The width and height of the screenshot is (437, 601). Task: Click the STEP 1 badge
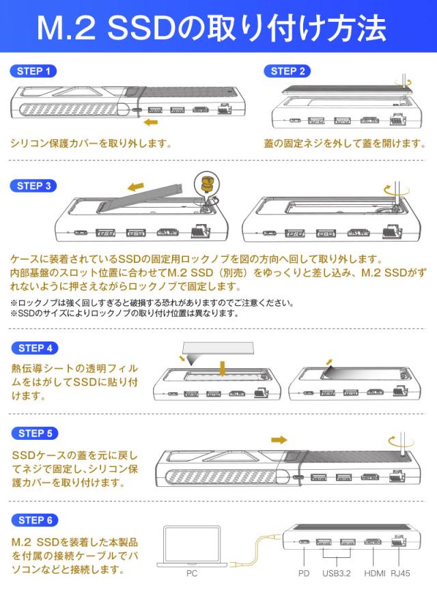[33, 71]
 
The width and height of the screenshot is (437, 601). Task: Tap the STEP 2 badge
[287, 71]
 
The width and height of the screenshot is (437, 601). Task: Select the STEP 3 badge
[33, 186]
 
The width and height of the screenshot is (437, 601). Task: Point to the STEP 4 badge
[35, 348]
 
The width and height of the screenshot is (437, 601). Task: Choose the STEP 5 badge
[35, 434]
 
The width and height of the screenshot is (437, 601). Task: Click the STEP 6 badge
[35, 520]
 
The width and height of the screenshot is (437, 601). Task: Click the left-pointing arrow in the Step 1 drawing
[151, 122]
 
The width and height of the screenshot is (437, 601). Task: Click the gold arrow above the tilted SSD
[136, 187]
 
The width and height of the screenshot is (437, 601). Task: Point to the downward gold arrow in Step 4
[222, 368]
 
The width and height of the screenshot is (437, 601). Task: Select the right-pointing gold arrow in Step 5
[279, 440]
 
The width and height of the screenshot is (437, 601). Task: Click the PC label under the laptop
[192, 574]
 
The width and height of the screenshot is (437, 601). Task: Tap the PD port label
[304, 574]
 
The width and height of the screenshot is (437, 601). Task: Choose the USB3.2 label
[336, 574]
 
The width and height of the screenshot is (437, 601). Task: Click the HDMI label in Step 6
[374, 574]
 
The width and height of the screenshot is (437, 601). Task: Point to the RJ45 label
[400, 574]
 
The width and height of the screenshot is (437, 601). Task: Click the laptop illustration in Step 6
[192, 546]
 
